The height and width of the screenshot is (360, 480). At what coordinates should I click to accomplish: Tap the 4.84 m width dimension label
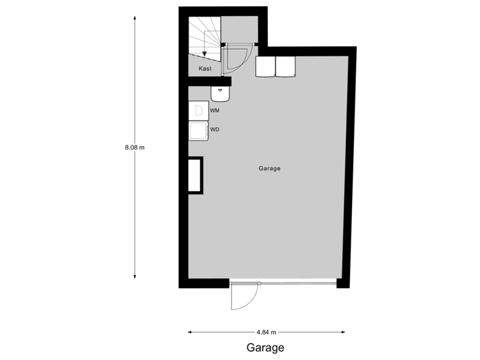tap(267, 331)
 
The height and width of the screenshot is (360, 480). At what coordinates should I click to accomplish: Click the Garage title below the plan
tap(265, 347)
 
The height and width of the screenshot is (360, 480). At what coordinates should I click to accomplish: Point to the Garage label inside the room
tap(269, 169)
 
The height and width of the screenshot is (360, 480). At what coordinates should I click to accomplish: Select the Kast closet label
tap(205, 68)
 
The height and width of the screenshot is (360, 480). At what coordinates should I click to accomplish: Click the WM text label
tap(215, 110)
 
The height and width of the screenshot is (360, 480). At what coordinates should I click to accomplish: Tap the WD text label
tap(215, 129)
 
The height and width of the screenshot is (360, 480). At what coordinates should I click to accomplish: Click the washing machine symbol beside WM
tap(198, 111)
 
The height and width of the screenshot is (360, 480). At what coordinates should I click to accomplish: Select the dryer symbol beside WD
tap(198, 130)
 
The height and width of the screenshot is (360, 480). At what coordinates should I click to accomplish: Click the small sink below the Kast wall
tap(219, 93)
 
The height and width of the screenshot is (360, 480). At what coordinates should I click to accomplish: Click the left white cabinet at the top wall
tap(266, 67)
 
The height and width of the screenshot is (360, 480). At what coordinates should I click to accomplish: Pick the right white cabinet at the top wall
tap(286, 67)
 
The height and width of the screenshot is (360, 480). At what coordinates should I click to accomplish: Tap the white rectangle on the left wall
tap(195, 175)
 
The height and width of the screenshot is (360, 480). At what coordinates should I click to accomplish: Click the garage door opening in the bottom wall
tap(283, 281)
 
